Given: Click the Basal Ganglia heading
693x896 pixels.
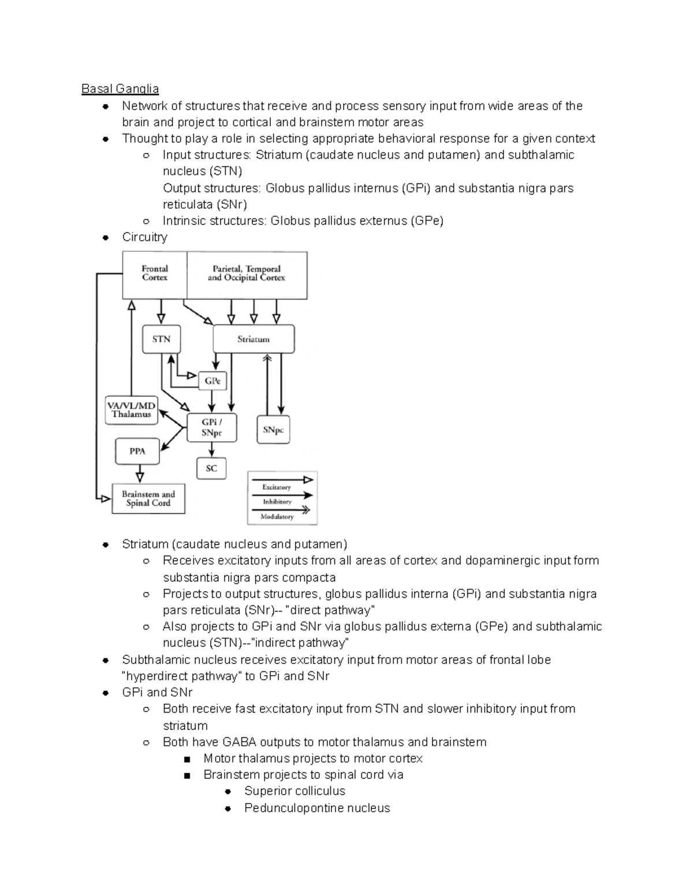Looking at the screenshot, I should pyautogui.click(x=120, y=89).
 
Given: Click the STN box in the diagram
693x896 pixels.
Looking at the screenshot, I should pyautogui.click(x=161, y=339).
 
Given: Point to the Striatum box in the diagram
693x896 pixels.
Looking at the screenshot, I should pyautogui.click(x=254, y=339).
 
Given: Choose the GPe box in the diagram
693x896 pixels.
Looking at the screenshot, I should pyautogui.click(x=213, y=381).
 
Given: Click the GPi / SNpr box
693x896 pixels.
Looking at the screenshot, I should pyautogui.click(x=212, y=428).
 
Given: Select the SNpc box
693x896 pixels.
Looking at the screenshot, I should pyautogui.click(x=273, y=430).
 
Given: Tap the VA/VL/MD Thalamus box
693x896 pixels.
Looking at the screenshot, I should pyautogui.click(x=131, y=410).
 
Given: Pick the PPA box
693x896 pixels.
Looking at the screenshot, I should pyautogui.click(x=137, y=451).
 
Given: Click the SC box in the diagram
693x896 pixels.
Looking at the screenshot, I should pyautogui.click(x=211, y=468).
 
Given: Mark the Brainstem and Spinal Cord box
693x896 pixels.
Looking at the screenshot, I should pyautogui.click(x=148, y=498).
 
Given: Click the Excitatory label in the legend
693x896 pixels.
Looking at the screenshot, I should pyautogui.click(x=277, y=488).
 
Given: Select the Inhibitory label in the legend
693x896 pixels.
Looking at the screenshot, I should pyautogui.click(x=277, y=502).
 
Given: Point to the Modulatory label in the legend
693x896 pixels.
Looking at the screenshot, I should pyautogui.click(x=277, y=517).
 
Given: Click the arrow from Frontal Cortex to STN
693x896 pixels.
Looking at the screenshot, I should pyautogui.click(x=161, y=312).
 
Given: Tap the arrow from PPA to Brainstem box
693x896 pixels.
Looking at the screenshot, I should pyautogui.click(x=139, y=474).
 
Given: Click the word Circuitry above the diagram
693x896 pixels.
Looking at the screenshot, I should pyautogui.click(x=144, y=237).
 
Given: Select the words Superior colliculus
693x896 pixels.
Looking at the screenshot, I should pyautogui.click(x=295, y=791).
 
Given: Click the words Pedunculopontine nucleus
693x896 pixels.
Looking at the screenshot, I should pyautogui.click(x=317, y=808).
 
